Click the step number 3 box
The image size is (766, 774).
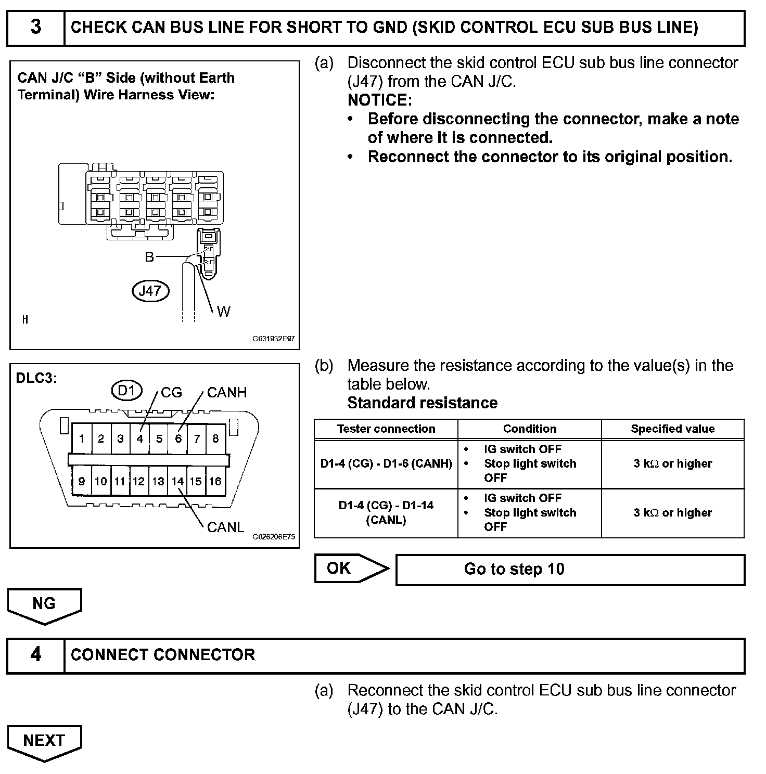pos(35,28)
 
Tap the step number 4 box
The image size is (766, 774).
pos(35,655)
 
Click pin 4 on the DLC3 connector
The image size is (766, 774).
pos(139,438)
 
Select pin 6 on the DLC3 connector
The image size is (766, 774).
pos(178,438)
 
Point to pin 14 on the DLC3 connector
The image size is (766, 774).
pos(178,482)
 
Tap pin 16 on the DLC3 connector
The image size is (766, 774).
pos(215,482)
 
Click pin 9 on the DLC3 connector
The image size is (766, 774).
pos(82,482)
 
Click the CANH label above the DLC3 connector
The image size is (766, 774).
pos(226,393)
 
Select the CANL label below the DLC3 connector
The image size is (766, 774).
pos(225,527)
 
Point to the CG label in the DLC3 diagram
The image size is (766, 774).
pos(171,393)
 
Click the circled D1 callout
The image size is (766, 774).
pos(126,390)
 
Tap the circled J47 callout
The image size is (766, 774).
pos(151,291)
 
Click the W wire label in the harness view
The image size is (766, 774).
pos(224,312)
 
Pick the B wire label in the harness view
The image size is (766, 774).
pos(149,257)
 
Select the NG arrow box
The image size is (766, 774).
pos(44,605)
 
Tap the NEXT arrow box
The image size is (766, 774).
pos(44,742)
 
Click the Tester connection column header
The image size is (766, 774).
pos(386,429)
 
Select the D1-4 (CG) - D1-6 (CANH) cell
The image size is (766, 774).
pos(386,463)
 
